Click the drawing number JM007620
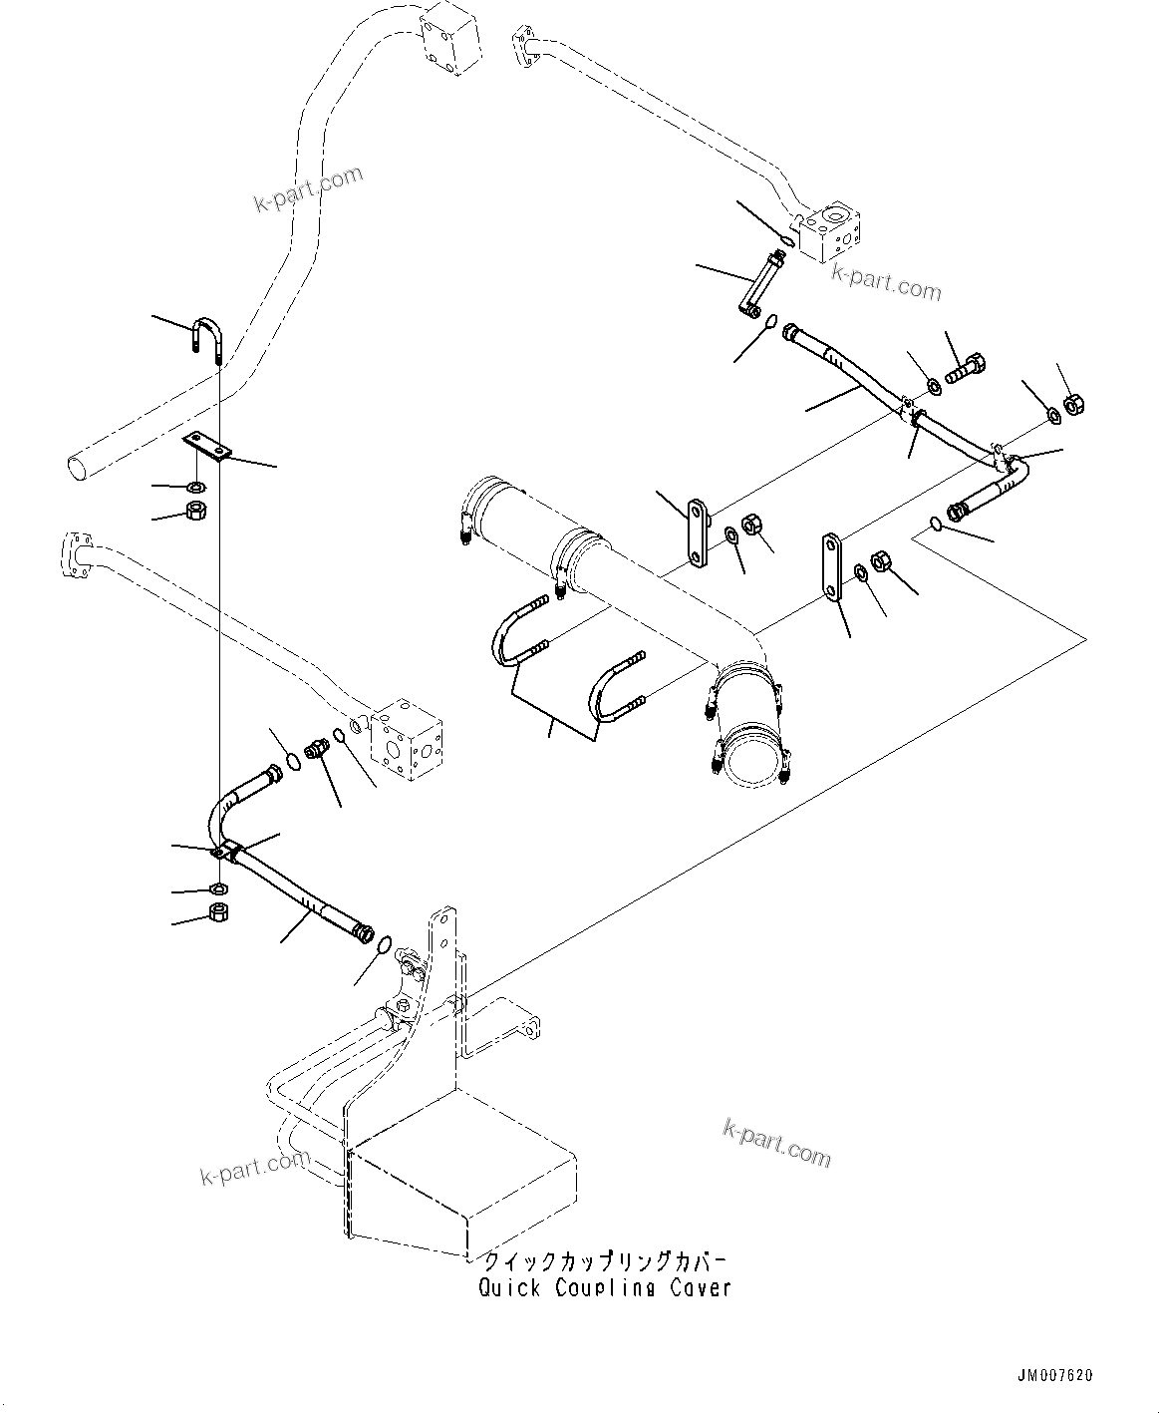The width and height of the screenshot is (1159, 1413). (x=1054, y=1376)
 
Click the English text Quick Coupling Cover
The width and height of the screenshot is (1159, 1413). (x=605, y=1287)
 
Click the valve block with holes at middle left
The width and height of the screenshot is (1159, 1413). (x=407, y=735)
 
